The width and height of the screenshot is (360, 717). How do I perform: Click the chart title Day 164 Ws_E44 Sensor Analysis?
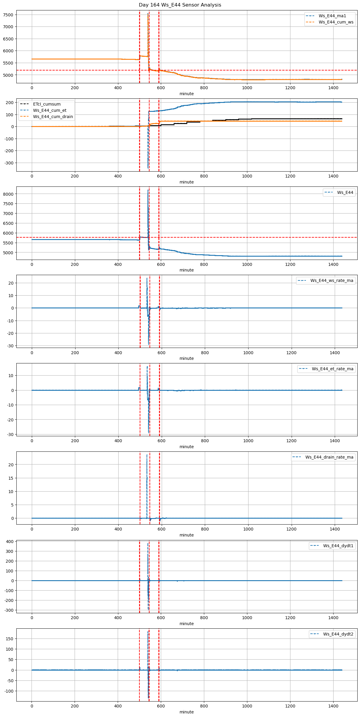click(180, 5)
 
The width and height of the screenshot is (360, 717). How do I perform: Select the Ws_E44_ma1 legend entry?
click(332, 16)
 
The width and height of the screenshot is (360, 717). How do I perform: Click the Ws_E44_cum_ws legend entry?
click(336, 22)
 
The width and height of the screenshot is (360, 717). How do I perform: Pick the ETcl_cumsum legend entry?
click(47, 104)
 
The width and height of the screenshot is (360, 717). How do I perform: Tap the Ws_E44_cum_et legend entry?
click(50, 111)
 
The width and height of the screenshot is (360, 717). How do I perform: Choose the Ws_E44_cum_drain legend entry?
click(53, 117)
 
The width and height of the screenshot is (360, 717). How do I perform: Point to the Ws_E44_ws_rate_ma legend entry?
click(332, 280)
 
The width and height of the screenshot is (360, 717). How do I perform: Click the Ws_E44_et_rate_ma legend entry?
click(332, 369)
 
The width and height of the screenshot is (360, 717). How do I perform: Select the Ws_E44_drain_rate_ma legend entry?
click(329, 457)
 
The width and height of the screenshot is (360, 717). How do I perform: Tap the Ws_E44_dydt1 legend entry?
click(338, 546)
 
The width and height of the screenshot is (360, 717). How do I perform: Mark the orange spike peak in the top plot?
click(148, 14)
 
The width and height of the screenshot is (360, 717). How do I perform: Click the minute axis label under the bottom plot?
click(186, 712)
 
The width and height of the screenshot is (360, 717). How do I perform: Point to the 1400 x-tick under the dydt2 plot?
click(333, 706)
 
